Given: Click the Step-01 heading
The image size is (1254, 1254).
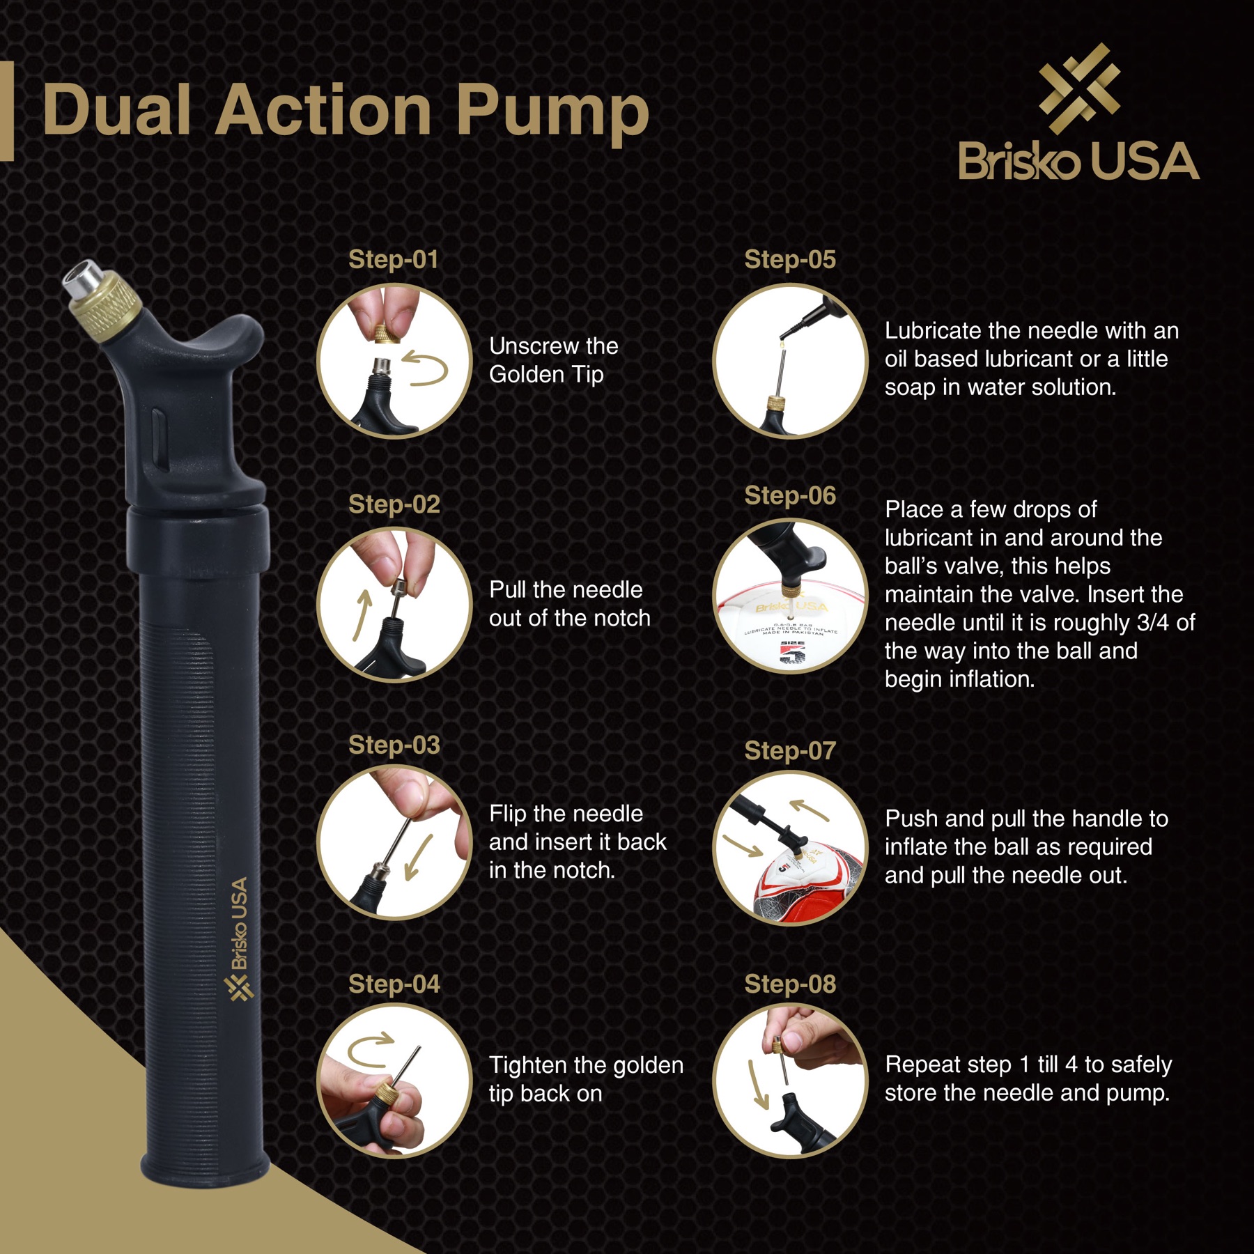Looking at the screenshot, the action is [394, 259].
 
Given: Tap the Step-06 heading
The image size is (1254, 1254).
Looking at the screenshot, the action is [790, 495].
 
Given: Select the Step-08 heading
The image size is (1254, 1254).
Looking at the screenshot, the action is [790, 984].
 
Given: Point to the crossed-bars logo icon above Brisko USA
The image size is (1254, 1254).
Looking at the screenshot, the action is [1079, 88].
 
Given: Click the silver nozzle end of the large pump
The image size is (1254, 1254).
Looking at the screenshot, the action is [82, 277].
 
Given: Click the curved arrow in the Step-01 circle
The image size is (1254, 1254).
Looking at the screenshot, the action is [426, 369].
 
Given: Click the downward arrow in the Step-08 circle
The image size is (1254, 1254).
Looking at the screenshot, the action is [757, 1084].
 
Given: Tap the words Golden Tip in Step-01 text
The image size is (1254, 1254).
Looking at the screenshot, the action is [546, 375].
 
